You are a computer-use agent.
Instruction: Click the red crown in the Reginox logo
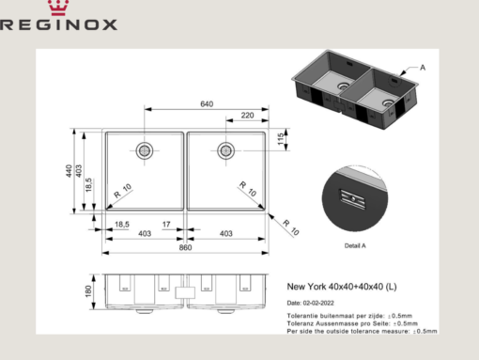click(x=58, y=8)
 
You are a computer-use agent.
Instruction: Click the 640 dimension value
click(x=207, y=104)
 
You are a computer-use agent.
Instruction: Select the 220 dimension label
click(x=247, y=116)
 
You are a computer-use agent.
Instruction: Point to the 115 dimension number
click(x=281, y=139)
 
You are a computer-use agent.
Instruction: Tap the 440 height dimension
click(x=69, y=171)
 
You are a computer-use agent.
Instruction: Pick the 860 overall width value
click(x=185, y=247)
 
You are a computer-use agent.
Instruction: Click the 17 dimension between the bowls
click(x=166, y=225)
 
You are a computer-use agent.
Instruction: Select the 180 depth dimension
click(x=88, y=291)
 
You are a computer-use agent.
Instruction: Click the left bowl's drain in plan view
click(x=145, y=150)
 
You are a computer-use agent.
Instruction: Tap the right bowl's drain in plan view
click(x=225, y=150)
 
